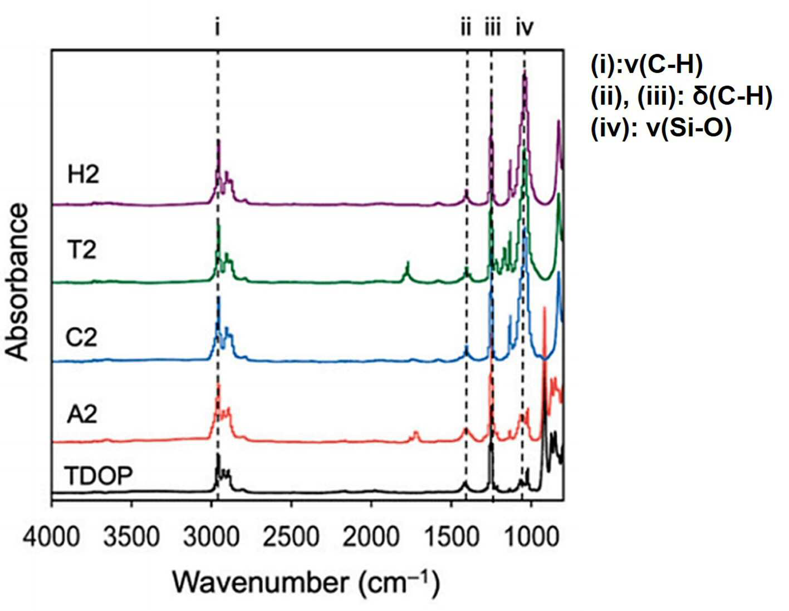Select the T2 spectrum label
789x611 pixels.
point(83,250)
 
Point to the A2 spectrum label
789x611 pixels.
point(82,415)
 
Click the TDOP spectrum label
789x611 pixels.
point(99,476)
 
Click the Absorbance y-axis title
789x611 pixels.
point(17,283)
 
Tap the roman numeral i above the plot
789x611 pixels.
point(217,27)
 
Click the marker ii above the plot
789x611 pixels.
point(466,27)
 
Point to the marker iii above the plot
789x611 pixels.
point(493,27)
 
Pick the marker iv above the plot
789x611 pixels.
point(525,27)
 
